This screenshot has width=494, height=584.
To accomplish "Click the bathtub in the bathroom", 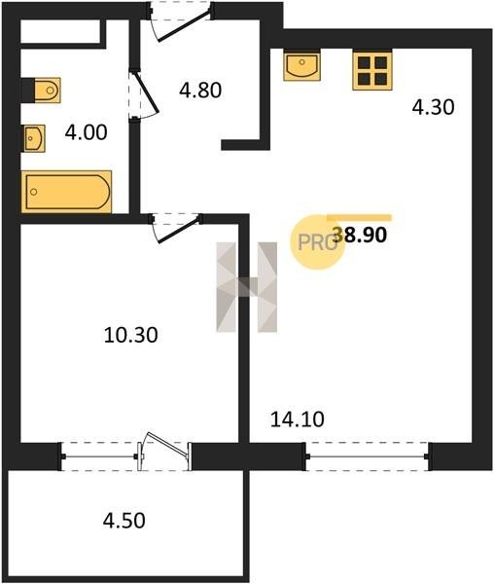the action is click(66, 192).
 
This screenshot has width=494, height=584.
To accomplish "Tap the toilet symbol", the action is click(48, 90).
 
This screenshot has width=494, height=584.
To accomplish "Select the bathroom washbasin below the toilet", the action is click(35, 138).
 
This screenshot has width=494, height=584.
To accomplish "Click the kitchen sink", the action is click(301, 65).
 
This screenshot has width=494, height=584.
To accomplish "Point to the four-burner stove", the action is click(372, 71).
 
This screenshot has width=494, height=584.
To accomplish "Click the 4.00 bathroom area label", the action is click(86, 132).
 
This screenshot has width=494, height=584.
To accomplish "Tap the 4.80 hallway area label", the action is click(200, 91).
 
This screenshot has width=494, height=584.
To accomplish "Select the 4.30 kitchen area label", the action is click(434, 107).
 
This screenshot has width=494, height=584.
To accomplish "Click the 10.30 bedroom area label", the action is click(131, 335).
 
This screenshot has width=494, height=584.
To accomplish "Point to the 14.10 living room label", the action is click(298, 420).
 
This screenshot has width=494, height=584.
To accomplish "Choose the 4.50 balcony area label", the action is click(123, 521).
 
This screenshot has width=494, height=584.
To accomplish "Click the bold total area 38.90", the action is click(360, 235).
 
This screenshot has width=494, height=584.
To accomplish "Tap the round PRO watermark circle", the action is click(317, 242).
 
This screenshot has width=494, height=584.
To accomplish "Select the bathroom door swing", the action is click(145, 93).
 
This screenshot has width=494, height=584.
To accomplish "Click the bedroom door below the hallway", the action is click(177, 227).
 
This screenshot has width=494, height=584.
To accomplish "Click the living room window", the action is click(368, 456).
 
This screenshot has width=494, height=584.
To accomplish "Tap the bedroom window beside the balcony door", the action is click(99, 456).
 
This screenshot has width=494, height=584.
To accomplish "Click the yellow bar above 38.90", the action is click(360, 218).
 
